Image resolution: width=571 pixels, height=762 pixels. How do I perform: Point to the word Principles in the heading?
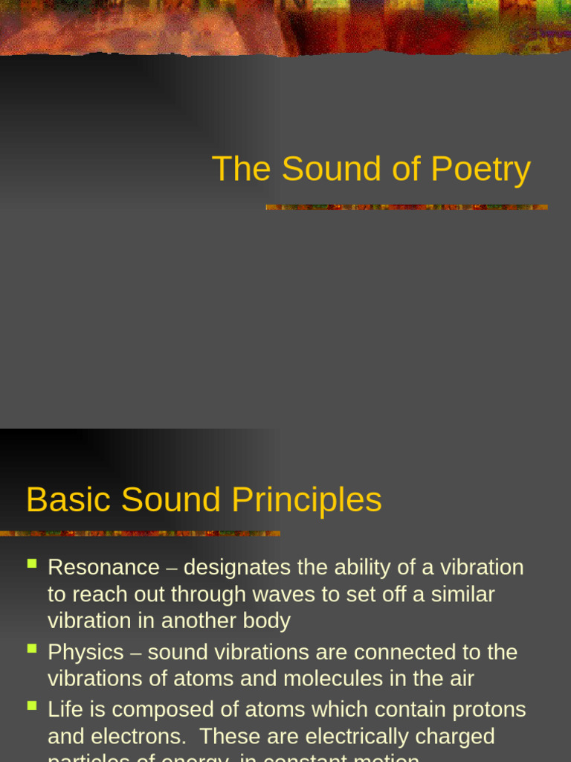306,499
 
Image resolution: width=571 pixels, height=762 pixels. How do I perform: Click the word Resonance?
103,568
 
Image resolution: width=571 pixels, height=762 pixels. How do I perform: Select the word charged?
451,737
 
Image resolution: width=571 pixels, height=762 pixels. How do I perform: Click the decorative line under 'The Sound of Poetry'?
407,207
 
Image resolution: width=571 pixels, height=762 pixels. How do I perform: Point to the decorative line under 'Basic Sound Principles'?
141,533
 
